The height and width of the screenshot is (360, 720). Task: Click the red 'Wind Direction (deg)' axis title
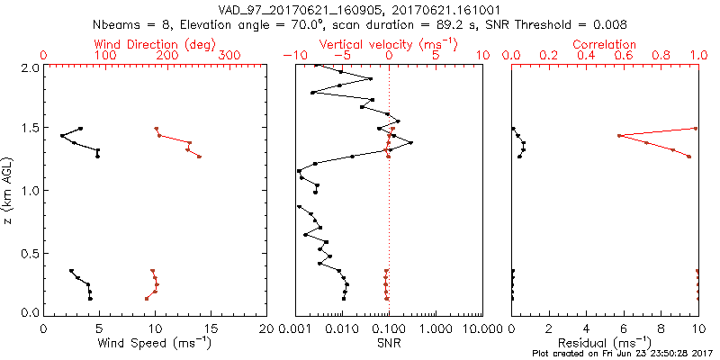coord(156,44)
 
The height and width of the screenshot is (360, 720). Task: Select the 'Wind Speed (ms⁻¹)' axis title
coord(156,342)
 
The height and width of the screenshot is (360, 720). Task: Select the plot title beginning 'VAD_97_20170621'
coord(360,9)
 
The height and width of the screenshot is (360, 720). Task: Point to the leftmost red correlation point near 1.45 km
coord(619,136)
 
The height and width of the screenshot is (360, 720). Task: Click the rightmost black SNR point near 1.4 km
coord(411,142)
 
